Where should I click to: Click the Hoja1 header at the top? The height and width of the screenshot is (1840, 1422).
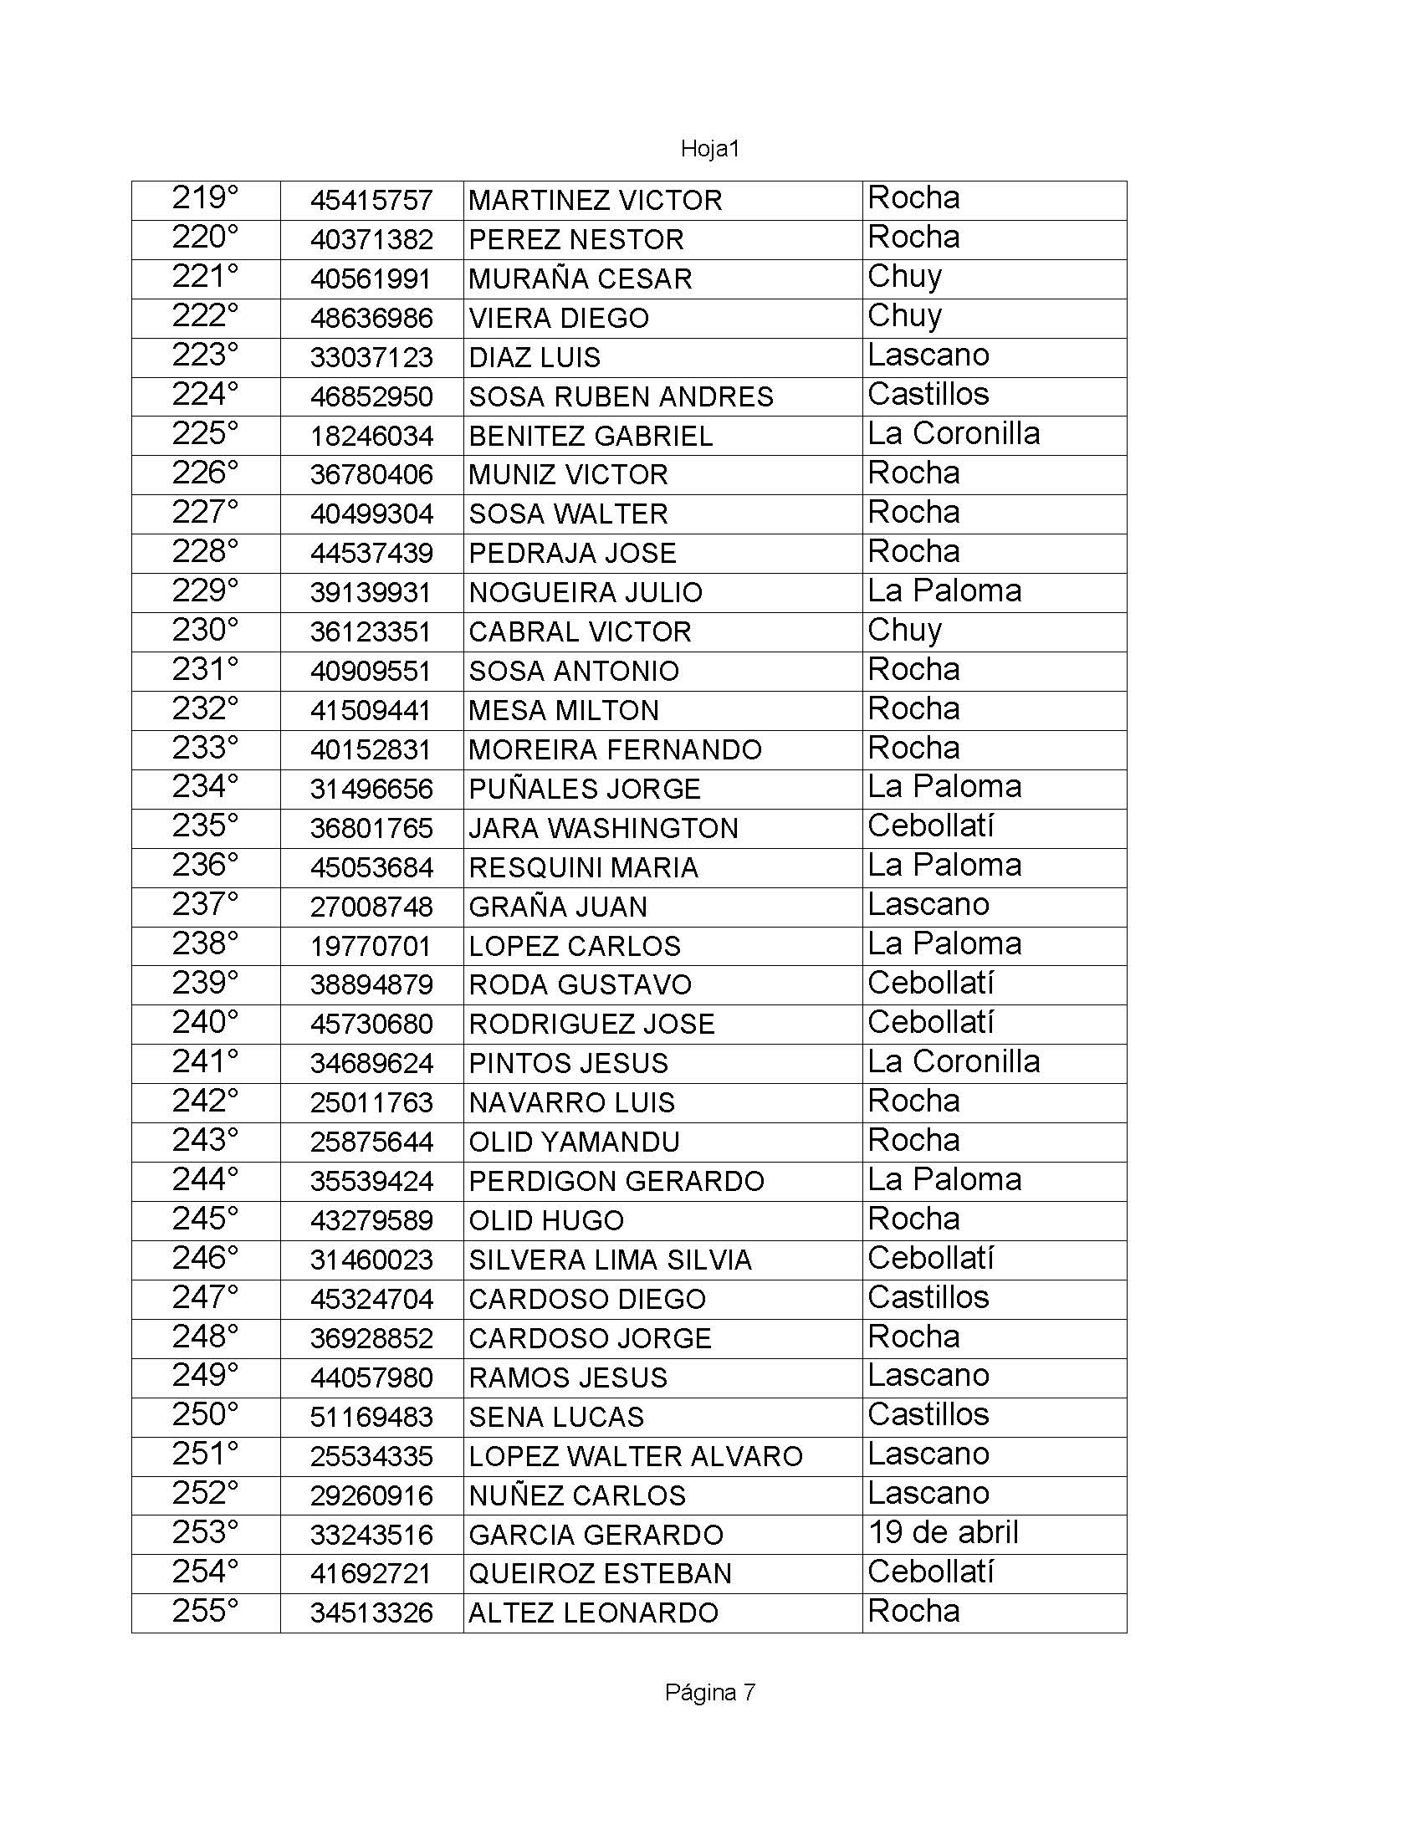pos(709,149)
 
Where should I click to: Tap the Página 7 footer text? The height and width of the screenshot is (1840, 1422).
pos(709,1693)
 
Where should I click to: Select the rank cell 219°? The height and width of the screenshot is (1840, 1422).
pos(205,199)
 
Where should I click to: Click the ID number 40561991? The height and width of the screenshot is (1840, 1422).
pos(371,279)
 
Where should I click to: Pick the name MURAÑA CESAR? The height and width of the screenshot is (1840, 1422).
pos(580,279)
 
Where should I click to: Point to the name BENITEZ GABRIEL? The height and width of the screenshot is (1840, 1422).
pos(591,437)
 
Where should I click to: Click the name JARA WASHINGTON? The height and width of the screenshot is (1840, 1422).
pos(603,829)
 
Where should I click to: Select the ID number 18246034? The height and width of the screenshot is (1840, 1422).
pos(371,437)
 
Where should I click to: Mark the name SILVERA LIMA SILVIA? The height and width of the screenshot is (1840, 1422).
pos(610,1260)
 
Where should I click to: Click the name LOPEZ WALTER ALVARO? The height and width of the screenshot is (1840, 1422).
pos(635,1457)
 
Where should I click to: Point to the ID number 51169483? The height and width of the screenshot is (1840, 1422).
pos(371,1417)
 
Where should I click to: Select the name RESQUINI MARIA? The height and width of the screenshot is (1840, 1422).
pos(583,868)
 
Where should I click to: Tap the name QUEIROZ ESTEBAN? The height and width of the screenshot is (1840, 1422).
pos(600,1574)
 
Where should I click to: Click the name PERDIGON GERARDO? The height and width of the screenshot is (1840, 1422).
pos(616,1182)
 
